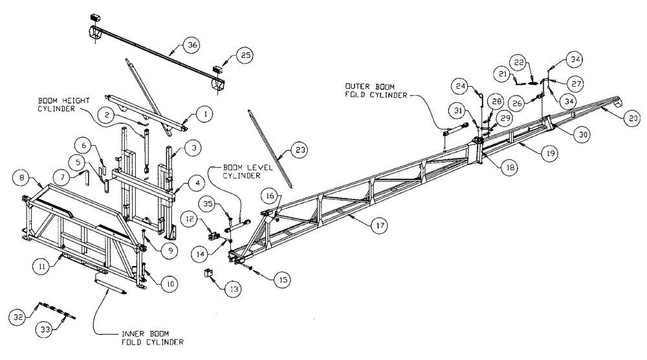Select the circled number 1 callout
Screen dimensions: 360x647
pos(205,114)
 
